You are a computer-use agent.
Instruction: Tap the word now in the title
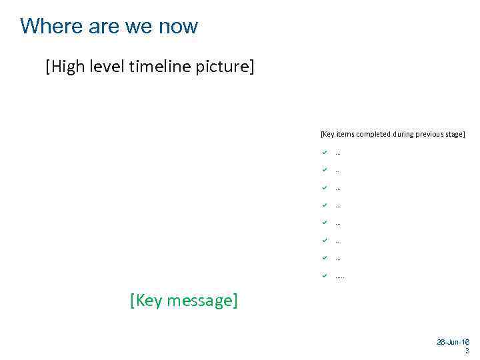(x=178, y=27)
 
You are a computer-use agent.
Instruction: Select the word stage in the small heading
(x=455, y=134)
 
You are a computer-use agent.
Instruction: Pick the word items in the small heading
(x=345, y=134)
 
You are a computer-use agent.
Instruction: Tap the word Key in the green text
(x=148, y=301)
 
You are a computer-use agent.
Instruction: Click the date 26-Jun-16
(x=453, y=342)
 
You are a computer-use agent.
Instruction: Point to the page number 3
(x=467, y=351)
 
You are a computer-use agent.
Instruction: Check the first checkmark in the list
(x=324, y=152)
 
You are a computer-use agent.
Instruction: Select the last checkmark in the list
(x=324, y=275)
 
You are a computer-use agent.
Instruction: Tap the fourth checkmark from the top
(x=324, y=205)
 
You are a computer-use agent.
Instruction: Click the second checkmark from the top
(x=324, y=169)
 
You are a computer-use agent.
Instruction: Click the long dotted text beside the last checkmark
(x=340, y=277)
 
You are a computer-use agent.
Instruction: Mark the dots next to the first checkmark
(x=338, y=153)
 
